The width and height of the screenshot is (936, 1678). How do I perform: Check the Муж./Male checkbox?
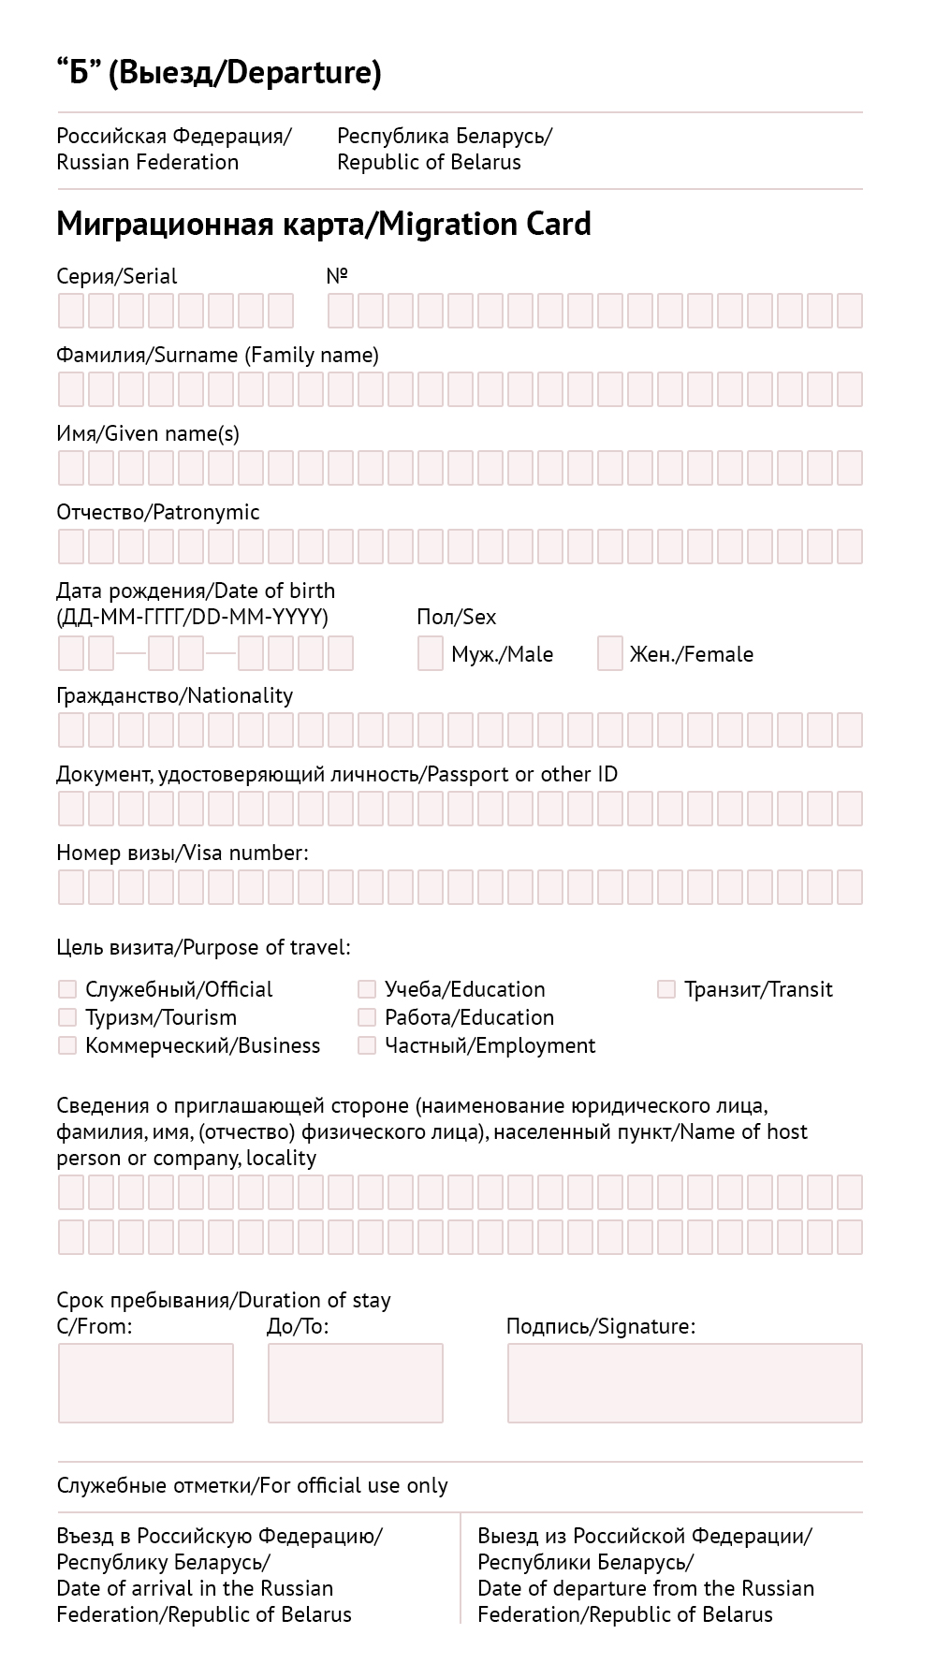pos(431,653)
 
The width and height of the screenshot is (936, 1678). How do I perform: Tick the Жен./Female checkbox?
pos(610,653)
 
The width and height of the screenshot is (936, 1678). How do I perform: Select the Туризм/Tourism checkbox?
pos(67,1017)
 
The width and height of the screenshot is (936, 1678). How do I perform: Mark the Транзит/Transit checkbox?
pos(666,989)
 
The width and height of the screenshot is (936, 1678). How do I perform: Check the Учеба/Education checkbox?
pos(367,989)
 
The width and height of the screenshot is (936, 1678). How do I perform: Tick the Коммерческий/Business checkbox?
pos(67,1045)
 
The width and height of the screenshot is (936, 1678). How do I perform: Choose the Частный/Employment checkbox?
pos(367,1045)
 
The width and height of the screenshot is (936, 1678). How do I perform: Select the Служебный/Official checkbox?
pos(67,989)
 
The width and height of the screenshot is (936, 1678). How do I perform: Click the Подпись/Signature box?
pos(684,1383)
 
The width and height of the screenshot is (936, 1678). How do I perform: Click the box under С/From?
pos(146,1383)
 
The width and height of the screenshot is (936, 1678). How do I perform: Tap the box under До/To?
pos(356,1383)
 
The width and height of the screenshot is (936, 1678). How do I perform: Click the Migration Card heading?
pos(324,225)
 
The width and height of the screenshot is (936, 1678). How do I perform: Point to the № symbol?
pos(337,276)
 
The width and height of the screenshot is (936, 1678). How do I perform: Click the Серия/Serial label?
pos(117,276)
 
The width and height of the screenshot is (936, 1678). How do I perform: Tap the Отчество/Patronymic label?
pos(158,512)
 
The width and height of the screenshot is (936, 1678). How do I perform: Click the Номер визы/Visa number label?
pos(183,853)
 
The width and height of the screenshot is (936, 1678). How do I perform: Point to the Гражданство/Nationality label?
pos(175,695)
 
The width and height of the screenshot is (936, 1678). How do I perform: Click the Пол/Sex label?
pos(457,617)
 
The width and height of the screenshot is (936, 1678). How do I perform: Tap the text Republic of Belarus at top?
pos(429,162)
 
